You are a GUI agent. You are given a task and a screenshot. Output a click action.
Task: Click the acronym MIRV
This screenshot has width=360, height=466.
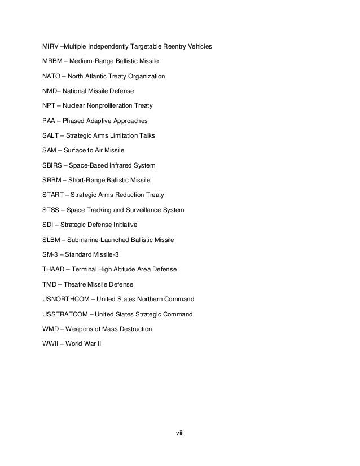coord(51,46)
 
